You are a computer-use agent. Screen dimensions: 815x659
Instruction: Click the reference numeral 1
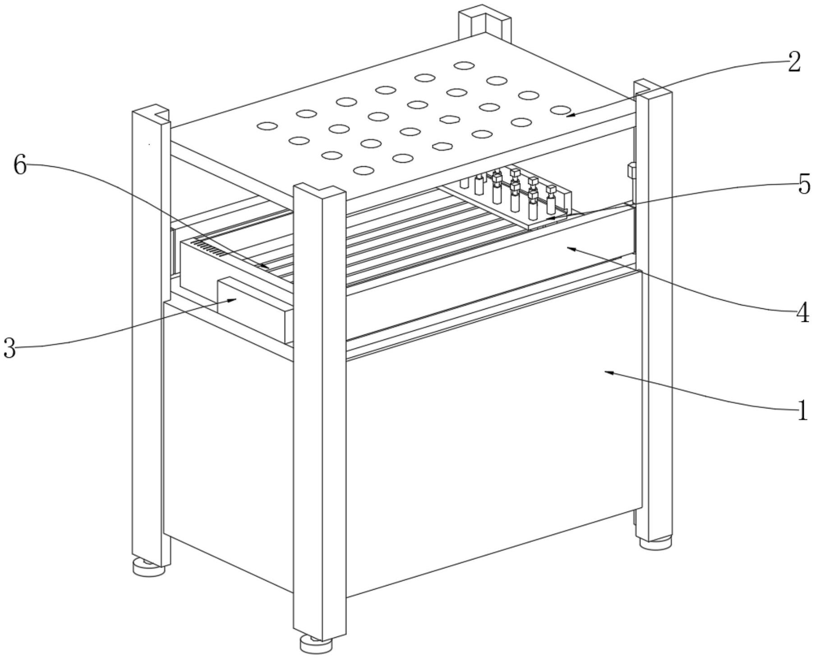coord(802,411)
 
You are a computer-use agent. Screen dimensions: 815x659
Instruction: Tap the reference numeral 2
coord(794,63)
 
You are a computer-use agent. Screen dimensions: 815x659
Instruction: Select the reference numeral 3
coord(9,348)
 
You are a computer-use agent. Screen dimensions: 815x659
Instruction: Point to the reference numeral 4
coord(802,312)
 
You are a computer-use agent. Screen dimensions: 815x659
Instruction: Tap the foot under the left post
coord(148,567)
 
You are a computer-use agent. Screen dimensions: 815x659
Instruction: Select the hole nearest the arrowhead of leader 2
coord(560,110)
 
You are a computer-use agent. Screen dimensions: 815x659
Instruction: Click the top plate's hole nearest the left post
coord(267,126)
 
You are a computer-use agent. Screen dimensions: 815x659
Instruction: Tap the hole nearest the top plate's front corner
coord(364,170)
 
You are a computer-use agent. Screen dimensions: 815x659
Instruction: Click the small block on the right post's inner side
coord(631,171)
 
